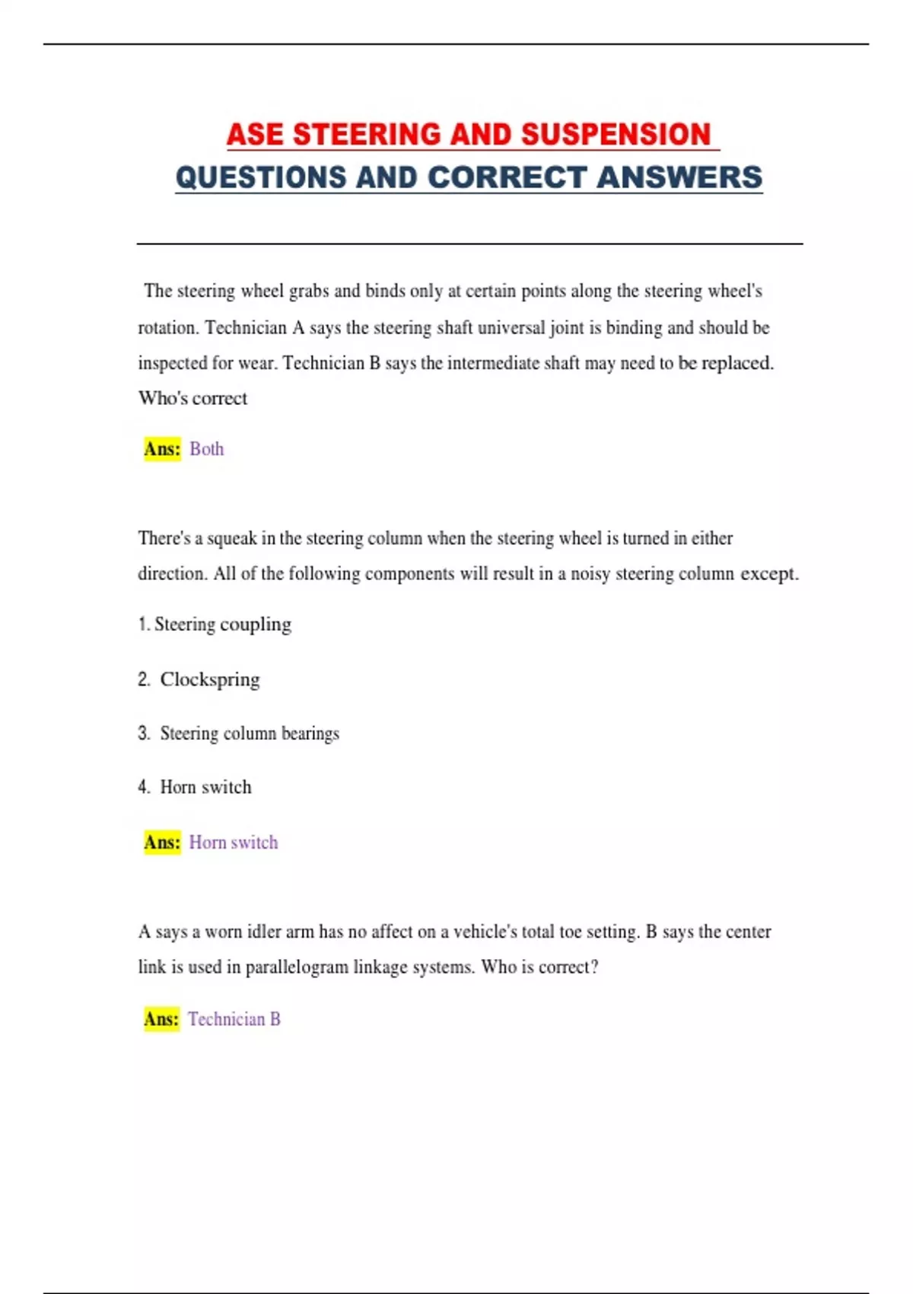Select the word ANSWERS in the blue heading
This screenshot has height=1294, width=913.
coord(679,177)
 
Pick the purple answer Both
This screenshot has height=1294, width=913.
coord(206,449)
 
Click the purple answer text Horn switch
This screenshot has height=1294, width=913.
coord(233,843)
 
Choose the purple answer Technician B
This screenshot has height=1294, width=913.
coord(234,1019)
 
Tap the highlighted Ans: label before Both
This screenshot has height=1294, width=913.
coord(162,449)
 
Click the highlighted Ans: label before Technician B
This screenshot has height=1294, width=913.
coord(161,1019)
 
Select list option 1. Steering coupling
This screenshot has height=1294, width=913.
coord(215,624)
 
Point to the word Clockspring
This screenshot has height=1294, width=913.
coord(210,679)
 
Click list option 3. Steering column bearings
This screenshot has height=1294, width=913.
coord(239,733)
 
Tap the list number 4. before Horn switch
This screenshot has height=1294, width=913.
coord(145,787)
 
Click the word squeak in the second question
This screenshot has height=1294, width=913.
coord(231,539)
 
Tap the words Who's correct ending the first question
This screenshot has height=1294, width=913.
coord(192,399)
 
